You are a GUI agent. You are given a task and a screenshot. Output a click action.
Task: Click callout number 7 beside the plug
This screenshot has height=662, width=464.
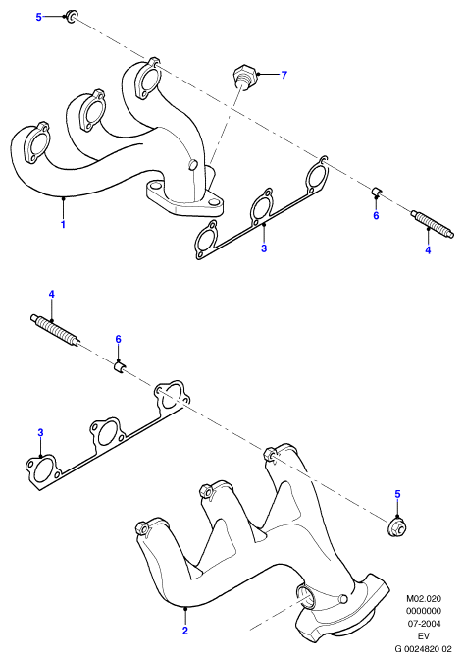[284, 75]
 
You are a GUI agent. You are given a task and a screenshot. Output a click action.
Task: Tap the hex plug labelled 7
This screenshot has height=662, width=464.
[243, 76]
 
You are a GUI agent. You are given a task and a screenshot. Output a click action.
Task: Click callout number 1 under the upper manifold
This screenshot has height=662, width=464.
[63, 224]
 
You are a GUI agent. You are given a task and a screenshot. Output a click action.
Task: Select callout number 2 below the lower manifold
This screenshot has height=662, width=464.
[184, 631]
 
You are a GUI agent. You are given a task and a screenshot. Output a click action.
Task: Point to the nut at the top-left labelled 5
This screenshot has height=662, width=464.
[72, 17]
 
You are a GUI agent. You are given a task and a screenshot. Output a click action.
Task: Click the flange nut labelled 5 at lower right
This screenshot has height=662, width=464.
[397, 526]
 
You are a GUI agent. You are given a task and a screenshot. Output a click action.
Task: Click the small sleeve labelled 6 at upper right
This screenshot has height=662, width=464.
[377, 191]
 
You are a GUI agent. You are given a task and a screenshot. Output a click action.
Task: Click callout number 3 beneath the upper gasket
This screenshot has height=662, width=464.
[264, 248]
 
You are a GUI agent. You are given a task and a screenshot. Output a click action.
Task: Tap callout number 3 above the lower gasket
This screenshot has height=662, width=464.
[40, 432]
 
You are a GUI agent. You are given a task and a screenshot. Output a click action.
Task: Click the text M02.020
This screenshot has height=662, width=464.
[424, 598]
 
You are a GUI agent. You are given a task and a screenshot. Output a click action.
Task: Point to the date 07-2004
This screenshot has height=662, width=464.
[424, 623]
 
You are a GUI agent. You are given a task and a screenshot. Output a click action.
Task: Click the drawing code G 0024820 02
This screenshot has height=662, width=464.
[423, 648]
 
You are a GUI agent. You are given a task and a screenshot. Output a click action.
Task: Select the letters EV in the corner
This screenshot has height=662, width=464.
[424, 635]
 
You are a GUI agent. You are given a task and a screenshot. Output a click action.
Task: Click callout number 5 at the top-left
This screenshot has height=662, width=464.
[39, 17]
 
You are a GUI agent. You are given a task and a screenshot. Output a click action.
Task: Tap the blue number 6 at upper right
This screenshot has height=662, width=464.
[376, 215]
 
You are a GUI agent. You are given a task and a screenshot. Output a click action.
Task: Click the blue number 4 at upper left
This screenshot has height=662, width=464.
[51, 294]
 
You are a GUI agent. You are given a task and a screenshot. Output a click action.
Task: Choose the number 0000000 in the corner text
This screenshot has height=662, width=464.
[424, 611]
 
